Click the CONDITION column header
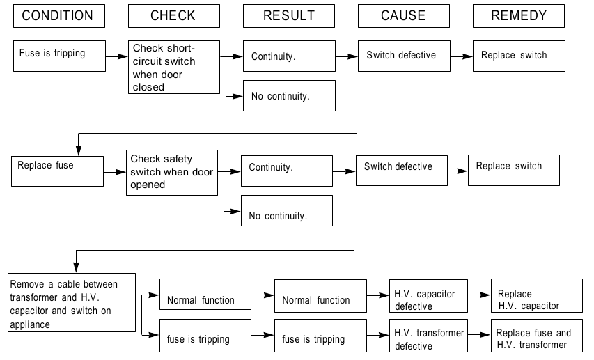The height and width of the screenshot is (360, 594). pyautogui.click(x=59, y=16)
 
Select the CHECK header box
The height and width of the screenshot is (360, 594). pyautogui.click(x=174, y=16)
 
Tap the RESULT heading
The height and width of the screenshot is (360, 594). pyautogui.click(x=289, y=16)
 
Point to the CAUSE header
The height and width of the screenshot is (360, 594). pyautogui.click(x=404, y=16)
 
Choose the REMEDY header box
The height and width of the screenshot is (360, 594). pyautogui.click(x=519, y=16)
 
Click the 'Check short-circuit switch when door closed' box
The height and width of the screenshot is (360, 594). pyautogui.click(x=174, y=67)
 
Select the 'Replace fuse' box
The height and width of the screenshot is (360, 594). pyautogui.click(x=57, y=171)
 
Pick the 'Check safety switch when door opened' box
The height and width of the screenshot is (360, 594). pyautogui.click(x=172, y=173)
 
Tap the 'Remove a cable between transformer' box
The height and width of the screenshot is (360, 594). pyautogui.click(x=72, y=302)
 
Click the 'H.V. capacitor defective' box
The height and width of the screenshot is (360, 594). pyautogui.click(x=428, y=296)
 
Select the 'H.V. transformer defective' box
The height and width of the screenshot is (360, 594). pyautogui.click(x=428, y=336)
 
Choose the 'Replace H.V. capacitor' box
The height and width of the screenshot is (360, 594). pyautogui.click(x=537, y=295)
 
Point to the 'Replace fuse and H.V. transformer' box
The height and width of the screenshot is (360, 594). pyautogui.click(x=537, y=336)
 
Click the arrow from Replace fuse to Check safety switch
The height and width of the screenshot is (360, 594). pyautogui.click(x=115, y=173)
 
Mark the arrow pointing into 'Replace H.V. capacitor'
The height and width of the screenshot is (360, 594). pyautogui.click(x=479, y=295)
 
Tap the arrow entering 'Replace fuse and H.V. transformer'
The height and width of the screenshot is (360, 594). pyautogui.click(x=479, y=335)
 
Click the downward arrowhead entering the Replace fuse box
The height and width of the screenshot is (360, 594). pyautogui.click(x=79, y=151)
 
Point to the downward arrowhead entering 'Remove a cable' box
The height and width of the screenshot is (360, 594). pyautogui.click(x=76, y=267)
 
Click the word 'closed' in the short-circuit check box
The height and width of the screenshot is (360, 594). pyautogui.click(x=148, y=87)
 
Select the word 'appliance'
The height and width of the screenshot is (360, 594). pyautogui.click(x=30, y=324)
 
